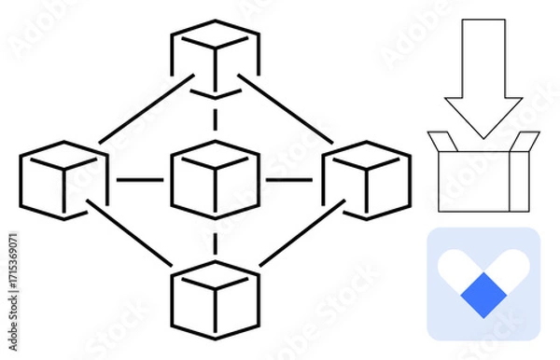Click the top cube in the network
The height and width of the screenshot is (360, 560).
click(x=215, y=57)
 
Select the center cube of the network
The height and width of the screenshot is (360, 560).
click(x=216, y=178)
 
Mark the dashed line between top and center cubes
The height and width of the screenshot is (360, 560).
click(x=216, y=119)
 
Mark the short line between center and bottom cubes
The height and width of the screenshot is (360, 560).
click(x=216, y=241)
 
